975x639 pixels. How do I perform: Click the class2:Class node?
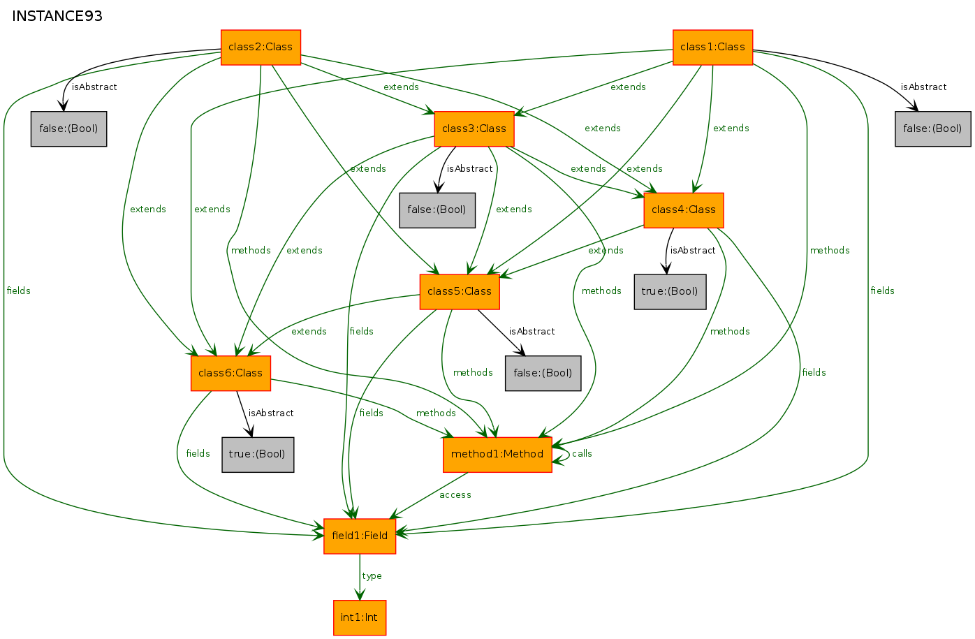point(261,47)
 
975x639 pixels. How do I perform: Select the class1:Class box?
point(712,47)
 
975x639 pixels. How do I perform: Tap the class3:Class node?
point(474,128)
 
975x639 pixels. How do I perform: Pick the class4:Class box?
point(684,210)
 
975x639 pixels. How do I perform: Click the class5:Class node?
point(460,291)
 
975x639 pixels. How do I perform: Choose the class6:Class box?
point(230,373)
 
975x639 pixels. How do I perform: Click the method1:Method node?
point(497,454)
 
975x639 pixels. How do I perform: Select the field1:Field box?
point(360,536)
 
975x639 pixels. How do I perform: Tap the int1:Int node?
point(360,617)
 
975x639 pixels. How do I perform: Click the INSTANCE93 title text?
point(57,16)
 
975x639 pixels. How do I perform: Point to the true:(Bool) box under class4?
point(670,291)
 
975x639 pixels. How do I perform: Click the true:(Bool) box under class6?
point(258,454)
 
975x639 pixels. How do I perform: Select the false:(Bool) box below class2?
point(68,128)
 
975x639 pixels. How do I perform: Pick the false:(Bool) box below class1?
point(932,128)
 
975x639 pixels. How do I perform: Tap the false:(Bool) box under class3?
point(437,210)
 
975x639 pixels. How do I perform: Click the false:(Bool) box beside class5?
point(543,373)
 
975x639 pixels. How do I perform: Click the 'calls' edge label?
point(582,454)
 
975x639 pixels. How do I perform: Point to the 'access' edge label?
point(455,495)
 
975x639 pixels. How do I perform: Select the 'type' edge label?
point(372,576)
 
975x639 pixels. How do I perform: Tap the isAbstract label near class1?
point(923,87)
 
